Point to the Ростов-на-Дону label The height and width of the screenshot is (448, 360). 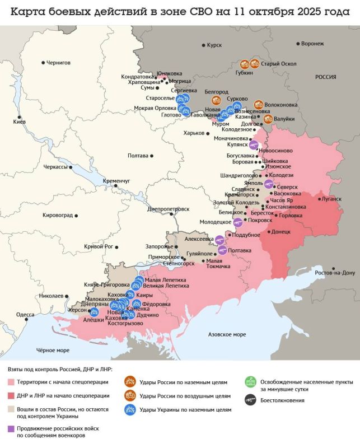coord(335,273)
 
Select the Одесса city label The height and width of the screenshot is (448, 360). coord(25,315)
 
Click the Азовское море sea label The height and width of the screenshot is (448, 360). coord(227,334)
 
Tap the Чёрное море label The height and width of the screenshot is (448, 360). coord(53,350)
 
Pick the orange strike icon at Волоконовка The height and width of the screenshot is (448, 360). coord(259,104)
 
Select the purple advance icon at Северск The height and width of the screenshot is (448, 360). coord(269,184)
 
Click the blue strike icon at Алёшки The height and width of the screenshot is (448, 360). coord(94,312)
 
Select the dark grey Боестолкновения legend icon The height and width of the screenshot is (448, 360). coord(250,400)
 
